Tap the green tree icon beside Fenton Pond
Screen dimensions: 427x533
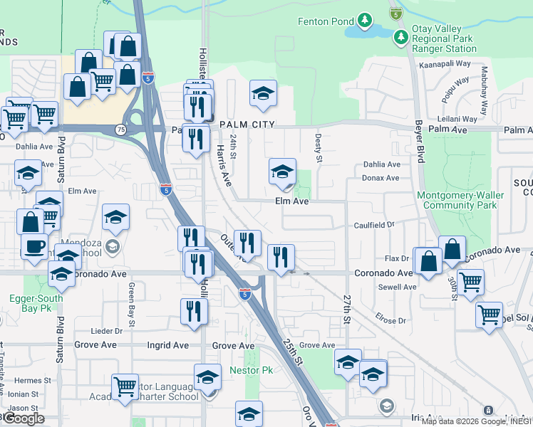[x=365, y=20]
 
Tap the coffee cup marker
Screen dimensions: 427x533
[x=34, y=247]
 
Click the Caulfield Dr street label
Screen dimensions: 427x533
[x=374, y=225]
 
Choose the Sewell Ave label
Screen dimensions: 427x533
[x=398, y=288]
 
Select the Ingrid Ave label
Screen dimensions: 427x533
[x=168, y=345]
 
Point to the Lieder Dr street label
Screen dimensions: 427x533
[x=108, y=331]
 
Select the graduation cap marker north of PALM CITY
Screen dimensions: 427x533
[x=263, y=93]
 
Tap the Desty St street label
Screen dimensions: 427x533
[x=319, y=150]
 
